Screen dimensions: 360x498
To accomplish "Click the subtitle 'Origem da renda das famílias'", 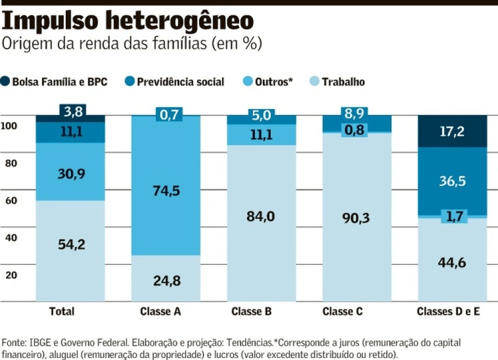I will tap(132, 45).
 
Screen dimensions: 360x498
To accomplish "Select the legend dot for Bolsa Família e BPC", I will tap(7, 82).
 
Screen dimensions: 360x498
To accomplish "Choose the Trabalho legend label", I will tap(343, 82).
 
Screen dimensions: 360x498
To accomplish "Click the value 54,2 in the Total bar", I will tap(71, 244).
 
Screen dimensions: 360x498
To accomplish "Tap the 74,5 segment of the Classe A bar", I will tap(165, 191).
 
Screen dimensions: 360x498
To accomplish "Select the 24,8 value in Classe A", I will tap(165, 281).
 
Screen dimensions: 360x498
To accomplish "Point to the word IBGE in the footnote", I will tap(40, 343).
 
